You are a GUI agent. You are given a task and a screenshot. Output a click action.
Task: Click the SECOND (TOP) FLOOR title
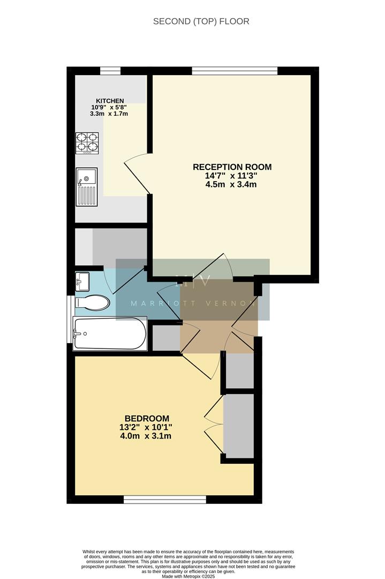(x=201, y=21)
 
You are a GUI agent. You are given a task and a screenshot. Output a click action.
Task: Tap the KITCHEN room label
(x=110, y=101)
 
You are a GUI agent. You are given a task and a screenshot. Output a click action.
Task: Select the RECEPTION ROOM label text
(x=232, y=167)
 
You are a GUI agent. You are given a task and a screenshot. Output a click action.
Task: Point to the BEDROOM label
(x=147, y=419)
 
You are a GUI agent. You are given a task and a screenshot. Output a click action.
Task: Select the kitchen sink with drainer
(x=87, y=186)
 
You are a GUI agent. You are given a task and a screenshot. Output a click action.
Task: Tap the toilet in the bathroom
(x=93, y=302)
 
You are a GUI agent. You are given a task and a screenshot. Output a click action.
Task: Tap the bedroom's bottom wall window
(x=165, y=500)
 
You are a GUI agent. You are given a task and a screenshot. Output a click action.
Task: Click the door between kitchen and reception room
(x=137, y=173)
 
